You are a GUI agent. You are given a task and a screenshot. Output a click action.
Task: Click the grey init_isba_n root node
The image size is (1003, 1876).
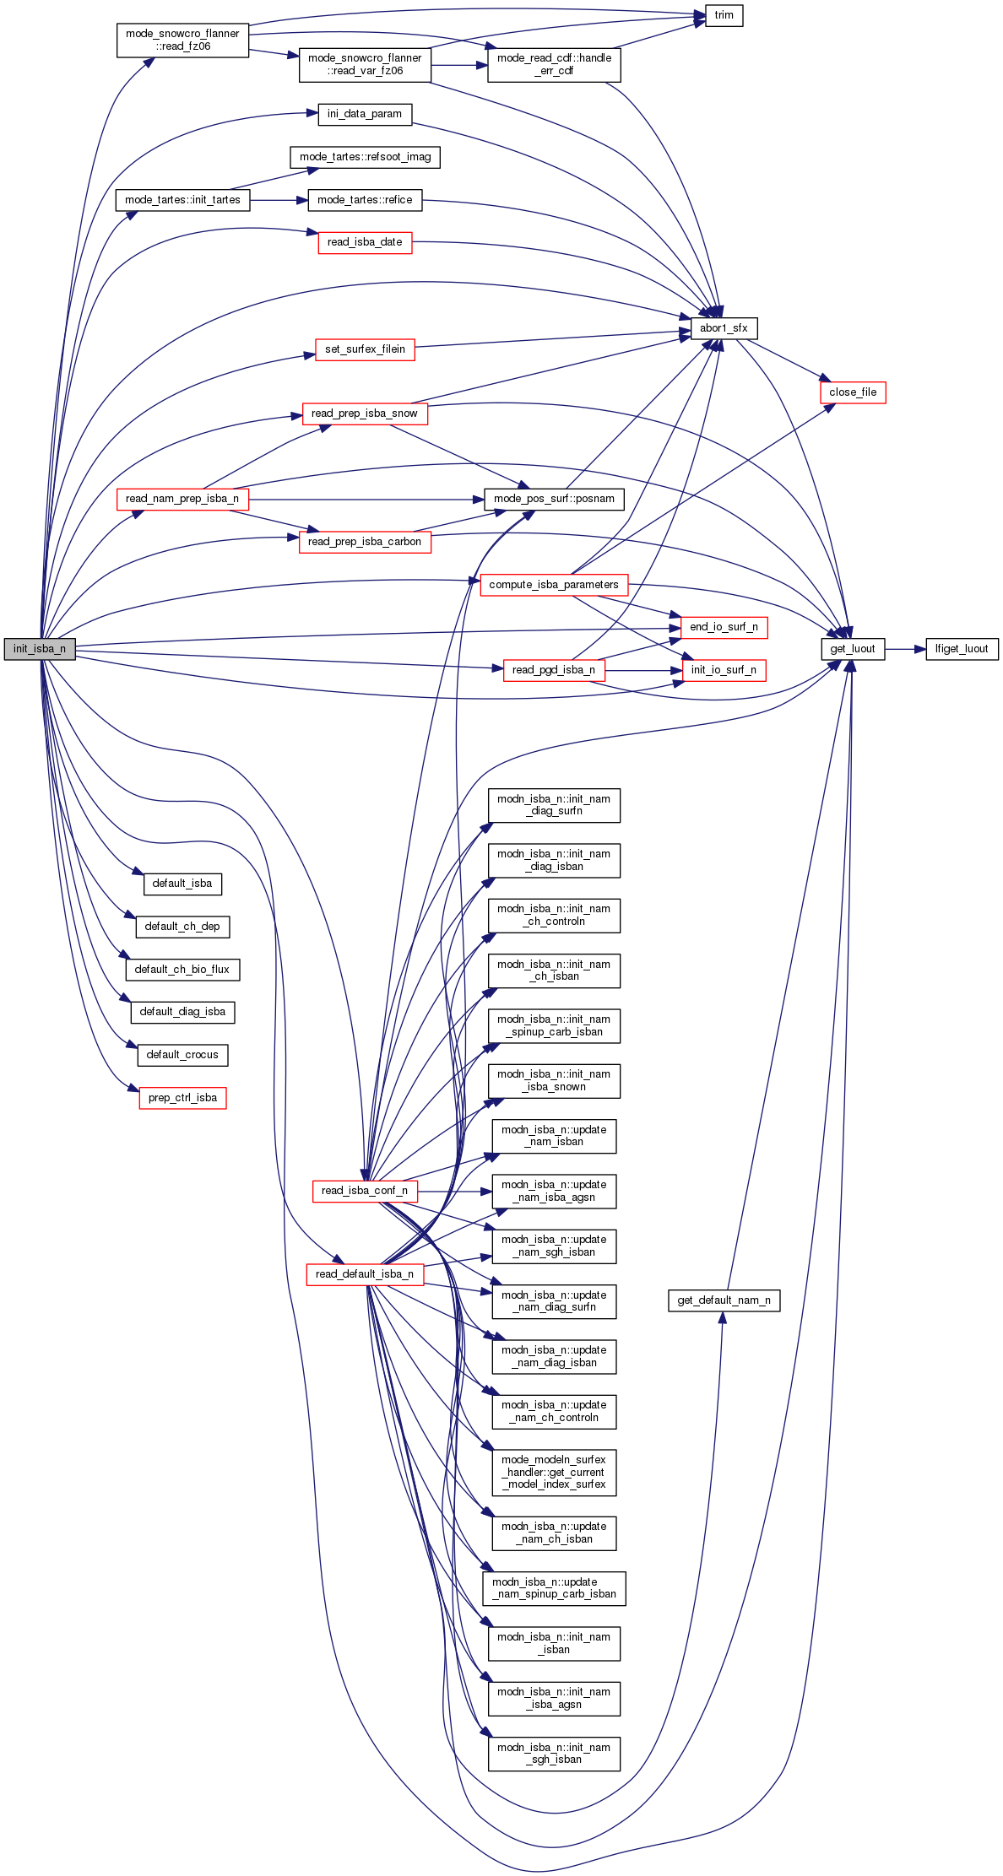click(40, 649)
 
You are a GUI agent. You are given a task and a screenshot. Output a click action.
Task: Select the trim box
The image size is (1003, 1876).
click(724, 16)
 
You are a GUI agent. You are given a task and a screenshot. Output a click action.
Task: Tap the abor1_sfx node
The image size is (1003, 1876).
click(724, 328)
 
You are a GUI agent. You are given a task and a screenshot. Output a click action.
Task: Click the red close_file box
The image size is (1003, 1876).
click(853, 392)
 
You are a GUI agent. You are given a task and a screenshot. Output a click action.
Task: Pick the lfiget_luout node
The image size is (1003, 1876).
click(962, 649)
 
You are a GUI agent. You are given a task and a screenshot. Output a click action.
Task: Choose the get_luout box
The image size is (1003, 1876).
click(853, 649)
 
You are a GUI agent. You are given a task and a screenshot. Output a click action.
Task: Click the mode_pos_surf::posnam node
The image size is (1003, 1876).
click(554, 499)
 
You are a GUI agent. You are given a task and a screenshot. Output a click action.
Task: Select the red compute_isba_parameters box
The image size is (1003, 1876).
click(554, 585)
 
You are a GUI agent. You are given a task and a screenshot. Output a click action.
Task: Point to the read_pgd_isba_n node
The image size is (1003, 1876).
click(554, 670)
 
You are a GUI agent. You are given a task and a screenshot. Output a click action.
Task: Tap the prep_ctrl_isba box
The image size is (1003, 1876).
click(182, 1098)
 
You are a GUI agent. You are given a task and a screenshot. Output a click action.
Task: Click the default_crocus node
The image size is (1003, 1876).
click(182, 1055)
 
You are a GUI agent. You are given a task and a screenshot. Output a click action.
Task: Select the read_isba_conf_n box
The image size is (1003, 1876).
click(365, 1191)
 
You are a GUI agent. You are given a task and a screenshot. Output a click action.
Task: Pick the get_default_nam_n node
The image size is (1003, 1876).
click(724, 1300)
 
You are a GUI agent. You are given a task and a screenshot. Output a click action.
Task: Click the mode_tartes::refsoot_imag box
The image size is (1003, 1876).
click(365, 157)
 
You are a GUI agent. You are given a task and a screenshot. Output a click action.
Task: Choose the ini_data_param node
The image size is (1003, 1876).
click(365, 114)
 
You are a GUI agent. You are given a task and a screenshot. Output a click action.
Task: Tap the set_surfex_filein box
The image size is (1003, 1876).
click(365, 349)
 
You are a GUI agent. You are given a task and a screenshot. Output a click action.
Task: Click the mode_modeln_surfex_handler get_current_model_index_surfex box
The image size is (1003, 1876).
click(554, 1473)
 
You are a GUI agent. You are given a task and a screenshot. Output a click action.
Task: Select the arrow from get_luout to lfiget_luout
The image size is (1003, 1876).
click(905, 649)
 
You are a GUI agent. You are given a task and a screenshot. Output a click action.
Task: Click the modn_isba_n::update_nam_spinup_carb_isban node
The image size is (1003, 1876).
click(554, 1588)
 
